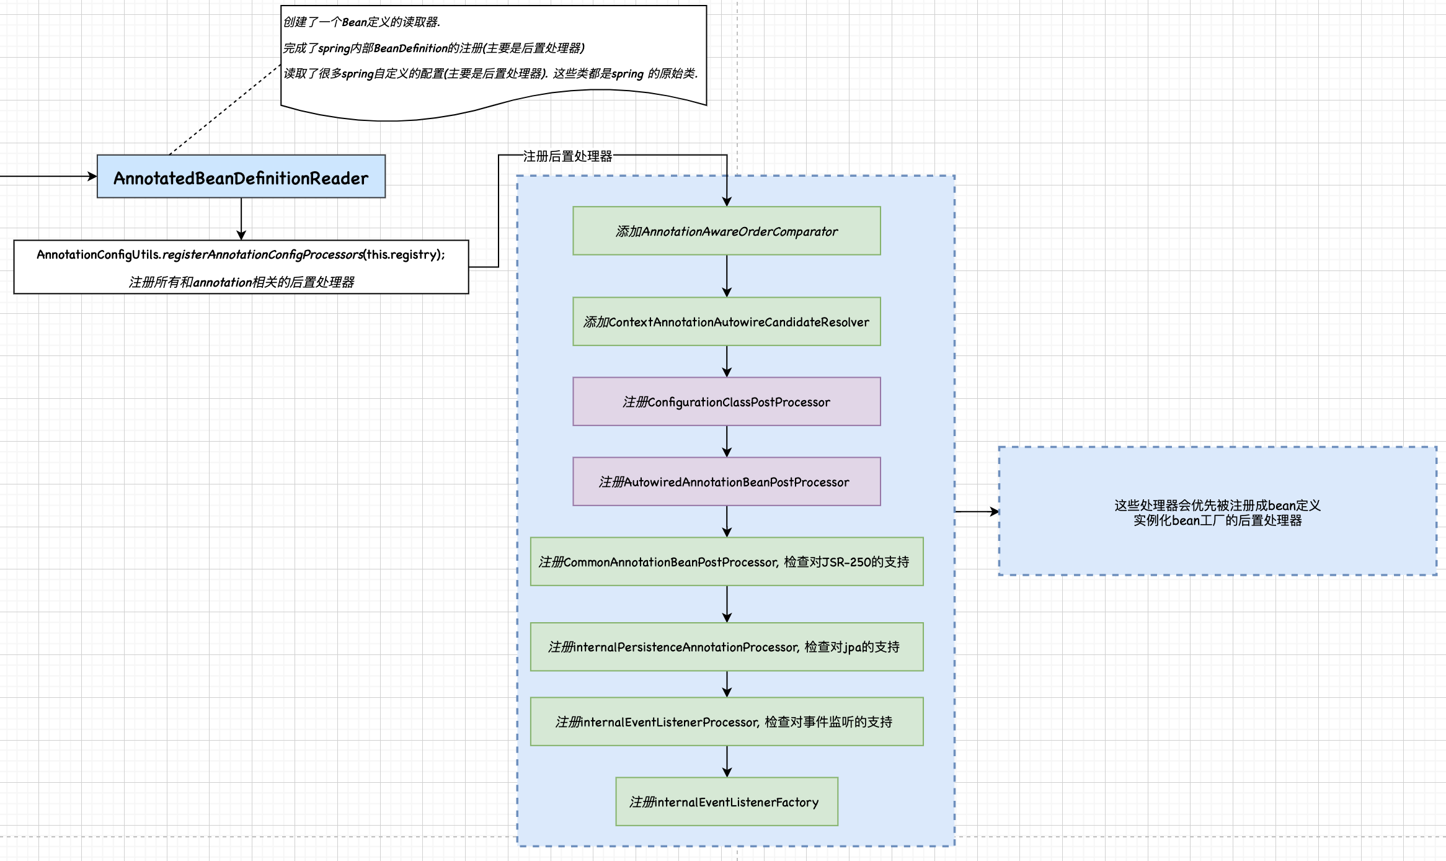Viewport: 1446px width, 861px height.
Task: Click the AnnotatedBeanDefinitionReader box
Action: click(x=241, y=177)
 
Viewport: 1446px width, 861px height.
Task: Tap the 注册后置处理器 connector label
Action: click(x=567, y=156)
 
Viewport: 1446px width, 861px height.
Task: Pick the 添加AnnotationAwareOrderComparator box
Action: click(x=726, y=231)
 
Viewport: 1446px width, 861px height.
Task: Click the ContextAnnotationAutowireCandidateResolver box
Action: click(x=726, y=322)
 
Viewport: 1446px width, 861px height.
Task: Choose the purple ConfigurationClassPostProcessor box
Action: click(x=726, y=402)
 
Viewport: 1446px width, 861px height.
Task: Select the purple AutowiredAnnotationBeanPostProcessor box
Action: click(x=726, y=482)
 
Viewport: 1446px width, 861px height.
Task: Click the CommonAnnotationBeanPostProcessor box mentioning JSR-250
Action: click(x=726, y=562)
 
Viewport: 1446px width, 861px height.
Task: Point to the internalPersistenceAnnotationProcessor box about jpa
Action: click(x=726, y=647)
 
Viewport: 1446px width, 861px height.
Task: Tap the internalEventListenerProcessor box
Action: click(x=726, y=722)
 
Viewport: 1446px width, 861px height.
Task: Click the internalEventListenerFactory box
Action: click(x=726, y=802)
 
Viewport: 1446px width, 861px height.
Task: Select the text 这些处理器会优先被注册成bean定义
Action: click(x=1217, y=506)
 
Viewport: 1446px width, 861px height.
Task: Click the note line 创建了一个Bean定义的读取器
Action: click(x=361, y=22)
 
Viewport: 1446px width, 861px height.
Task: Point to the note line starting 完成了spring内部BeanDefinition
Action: click(x=433, y=48)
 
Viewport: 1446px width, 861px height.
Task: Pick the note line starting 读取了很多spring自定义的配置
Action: click(x=490, y=74)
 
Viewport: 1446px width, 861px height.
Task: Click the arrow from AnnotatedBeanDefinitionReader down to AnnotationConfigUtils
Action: click(x=241, y=219)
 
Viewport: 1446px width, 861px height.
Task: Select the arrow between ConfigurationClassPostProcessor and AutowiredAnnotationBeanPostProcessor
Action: click(x=727, y=442)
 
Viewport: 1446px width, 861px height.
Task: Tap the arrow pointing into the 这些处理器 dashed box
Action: click(x=977, y=512)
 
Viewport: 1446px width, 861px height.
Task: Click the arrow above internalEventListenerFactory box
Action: click(x=727, y=761)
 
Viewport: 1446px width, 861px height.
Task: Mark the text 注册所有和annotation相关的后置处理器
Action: click(x=241, y=282)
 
